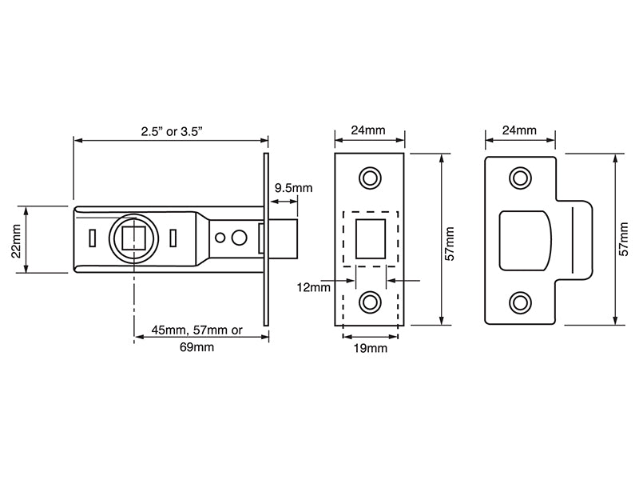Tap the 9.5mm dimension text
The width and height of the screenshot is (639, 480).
(x=292, y=188)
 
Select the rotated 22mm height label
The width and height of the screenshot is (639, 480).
(x=15, y=239)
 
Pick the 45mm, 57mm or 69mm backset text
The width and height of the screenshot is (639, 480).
(x=196, y=339)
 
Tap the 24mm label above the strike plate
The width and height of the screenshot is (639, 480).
(x=519, y=130)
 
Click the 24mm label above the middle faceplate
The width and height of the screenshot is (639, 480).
(x=369, y=130)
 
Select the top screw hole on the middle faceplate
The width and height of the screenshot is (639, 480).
(x=370, y=177)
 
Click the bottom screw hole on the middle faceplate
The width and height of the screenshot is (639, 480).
(x=370, y=302)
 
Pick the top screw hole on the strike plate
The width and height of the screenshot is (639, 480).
(x=520, y=177)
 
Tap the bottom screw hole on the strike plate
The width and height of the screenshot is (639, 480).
(x=520, y=302)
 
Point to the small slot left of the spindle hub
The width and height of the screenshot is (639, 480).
(x=93, y=238)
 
